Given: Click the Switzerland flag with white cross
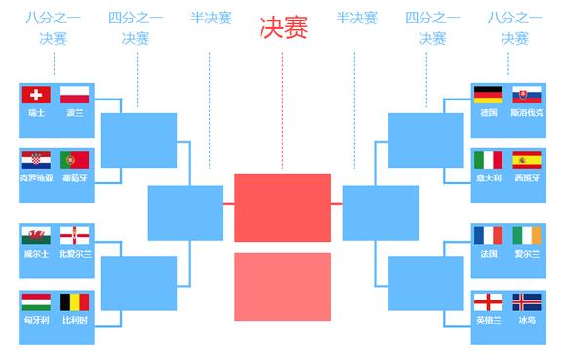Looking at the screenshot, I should pyautogui.click(x=37, y=95).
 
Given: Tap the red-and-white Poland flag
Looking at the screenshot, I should pyautogui.click(x=75, y=95).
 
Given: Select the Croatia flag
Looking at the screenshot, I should pyautogui.click(x=37, y=160).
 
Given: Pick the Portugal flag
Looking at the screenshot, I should pyautogui.click(x=75, y=160).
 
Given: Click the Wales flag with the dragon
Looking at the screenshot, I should pyautogui.click(x=37, y=235).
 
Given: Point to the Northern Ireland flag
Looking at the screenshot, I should pyautogui.click(x=75, y=235).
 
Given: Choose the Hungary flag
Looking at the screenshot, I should pyautogui.click(x=37, y=301).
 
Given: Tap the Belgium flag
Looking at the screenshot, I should pyautogui.click(x=75, y=301).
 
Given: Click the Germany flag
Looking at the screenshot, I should pyautogui.click(x=488, y=95).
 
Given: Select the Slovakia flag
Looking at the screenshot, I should pyautogui.click(x=527, y=95).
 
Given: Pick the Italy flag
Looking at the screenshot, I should pyautogui.click(x=488, y=160).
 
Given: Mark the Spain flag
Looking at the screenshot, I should pyautogui.click(x=527, y=160).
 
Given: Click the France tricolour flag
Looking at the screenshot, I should pyautogui.click(x=488, y=235).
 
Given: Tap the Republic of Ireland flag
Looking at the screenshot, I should pyautogui.click(x=527, y=235).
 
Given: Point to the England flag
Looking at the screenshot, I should pyautogui.click(x=488, y=301).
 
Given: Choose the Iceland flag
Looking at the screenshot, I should pyautogui.click(x=527, y=301).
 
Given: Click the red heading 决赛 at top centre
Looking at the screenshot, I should pyautogui.click(x=283, y=29).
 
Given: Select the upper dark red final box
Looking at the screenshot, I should pyautogui.click(x=282, y=207).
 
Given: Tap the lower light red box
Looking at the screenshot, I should pyautogui.click(x=282, y=286).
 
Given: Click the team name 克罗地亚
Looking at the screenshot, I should pyautogui.click(x=37, y=178).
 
